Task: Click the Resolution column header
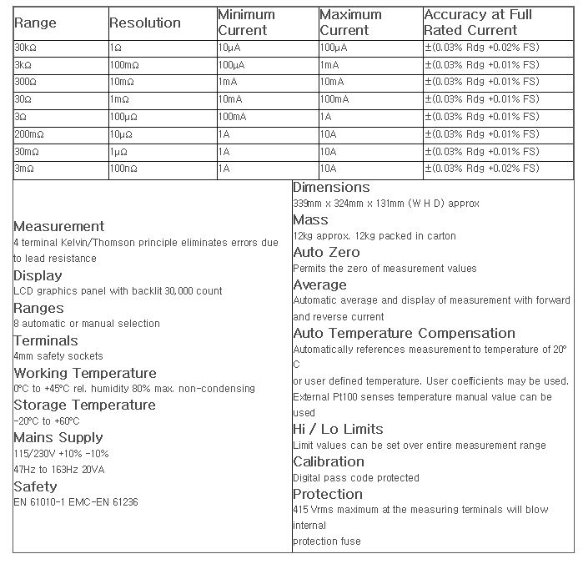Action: click(145, 23)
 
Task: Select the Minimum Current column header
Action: click(248, 23)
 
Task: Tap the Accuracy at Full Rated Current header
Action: click(477, 23)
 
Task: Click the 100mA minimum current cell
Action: click(233, 117)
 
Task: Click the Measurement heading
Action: click(59, 226)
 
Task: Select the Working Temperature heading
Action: click(84, 373)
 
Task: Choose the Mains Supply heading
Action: click(58, 437)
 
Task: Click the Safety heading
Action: click(36, 486)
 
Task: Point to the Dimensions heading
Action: click(331, 188)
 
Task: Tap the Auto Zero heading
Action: click(326, 252)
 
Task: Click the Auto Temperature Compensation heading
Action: click(404, 333)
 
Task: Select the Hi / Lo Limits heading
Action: click(338, 429)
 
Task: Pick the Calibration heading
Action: click(329, 461)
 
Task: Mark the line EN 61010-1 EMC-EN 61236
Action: click(76, 502)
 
